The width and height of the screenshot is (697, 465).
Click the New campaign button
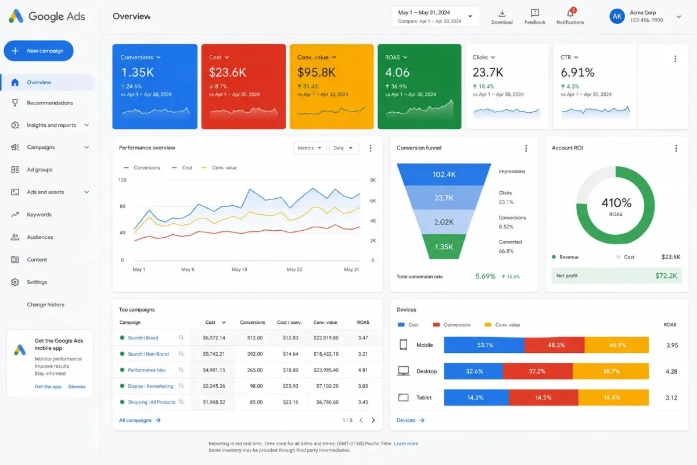click(x=38, y=51)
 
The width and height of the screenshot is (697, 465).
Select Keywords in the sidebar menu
click(x=39, y=214)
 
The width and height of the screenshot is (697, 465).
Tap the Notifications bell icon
click(x=570, y=13)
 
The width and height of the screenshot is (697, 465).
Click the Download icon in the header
click(x=502, y=13)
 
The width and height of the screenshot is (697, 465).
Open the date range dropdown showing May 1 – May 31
click(x=435, y=16)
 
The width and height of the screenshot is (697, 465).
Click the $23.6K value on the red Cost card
click(x=228, y=72)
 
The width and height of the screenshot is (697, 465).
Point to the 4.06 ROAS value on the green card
click(x=397, y=72)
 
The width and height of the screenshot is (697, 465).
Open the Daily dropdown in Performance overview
click(x=344, y=148)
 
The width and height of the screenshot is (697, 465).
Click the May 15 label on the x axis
click(x=239, y=269)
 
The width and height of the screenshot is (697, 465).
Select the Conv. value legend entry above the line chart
click(x=220, y=167)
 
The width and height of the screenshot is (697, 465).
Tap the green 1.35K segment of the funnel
click(x=444, y=246)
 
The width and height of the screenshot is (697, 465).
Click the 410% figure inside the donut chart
click(x=616, y=203)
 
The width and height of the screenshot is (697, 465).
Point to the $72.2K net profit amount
click(x=666, y=276)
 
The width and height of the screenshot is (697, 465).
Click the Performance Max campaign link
click(x=147, y=370)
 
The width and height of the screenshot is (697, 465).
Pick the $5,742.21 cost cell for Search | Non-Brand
click(x=214, y=354)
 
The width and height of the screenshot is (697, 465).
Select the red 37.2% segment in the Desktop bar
click(x=538, y=371)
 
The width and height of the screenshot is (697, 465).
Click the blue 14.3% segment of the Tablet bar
click(x=476, y=398)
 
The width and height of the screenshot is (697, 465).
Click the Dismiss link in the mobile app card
click(x=77, y=387)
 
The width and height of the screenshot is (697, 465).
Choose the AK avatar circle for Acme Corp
click(x=617, y=16)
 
